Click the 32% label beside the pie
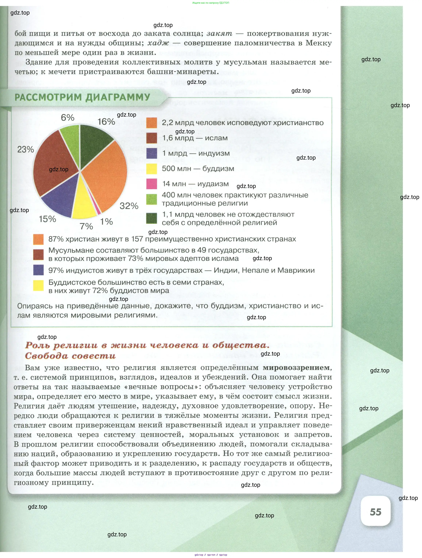(129, 206)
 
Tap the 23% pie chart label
(26, 149)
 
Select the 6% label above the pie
(68, 118)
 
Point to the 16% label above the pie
(106, 122)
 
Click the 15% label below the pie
(47, 219)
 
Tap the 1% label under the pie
(106, 222)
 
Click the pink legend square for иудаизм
(152, 184)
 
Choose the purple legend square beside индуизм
(152, 153)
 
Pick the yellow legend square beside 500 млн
(152, 169)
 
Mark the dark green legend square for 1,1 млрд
(152, 218)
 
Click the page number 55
(375, 512)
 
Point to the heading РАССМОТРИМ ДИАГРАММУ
(82, 97)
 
